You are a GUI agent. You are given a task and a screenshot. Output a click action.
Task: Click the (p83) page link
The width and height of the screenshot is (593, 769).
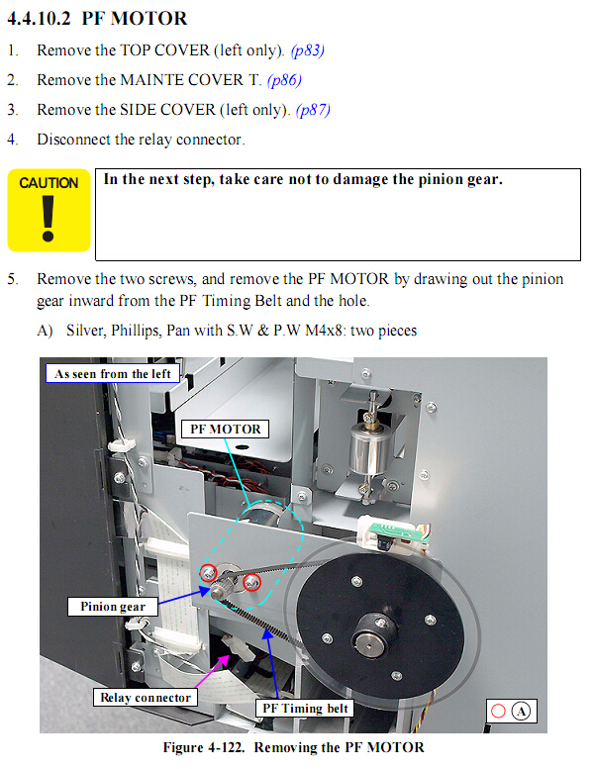pos(308,50)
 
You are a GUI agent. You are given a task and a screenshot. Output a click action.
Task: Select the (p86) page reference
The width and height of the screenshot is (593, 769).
pos(284,80)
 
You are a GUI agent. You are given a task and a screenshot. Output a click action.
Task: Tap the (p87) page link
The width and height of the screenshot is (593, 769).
pos(314,110)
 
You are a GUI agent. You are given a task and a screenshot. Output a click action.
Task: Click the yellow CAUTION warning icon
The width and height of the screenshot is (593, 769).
pos(49,211)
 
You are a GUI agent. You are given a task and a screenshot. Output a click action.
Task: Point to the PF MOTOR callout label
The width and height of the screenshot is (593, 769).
pos(225,430)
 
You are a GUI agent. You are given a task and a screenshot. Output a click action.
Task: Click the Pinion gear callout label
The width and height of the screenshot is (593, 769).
pos(113,607)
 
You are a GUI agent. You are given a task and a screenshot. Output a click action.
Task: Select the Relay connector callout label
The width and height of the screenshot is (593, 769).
pos(146,698)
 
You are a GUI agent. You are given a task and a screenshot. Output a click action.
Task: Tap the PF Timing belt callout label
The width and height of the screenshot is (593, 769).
pos(305,709)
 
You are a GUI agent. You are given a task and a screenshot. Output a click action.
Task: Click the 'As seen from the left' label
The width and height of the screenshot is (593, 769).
pos(113,374)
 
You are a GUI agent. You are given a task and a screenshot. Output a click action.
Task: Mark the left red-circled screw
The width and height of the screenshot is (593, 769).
pos(209,572)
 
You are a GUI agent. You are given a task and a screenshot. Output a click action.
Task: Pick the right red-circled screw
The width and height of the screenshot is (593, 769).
pos(251,582)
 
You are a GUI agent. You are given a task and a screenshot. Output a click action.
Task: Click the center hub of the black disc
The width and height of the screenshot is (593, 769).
pos(368,642)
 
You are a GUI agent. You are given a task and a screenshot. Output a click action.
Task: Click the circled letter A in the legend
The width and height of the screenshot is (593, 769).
pos(521,712)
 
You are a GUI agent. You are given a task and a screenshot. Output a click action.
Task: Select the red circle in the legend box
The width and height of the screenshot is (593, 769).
pos(498,712)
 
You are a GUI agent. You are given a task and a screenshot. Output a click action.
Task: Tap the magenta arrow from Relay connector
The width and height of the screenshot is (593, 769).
pos(212,670)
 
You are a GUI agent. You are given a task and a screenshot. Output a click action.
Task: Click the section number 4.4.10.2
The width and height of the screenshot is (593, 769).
pos(40,19)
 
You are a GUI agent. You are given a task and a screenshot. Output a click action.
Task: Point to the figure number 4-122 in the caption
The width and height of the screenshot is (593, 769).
pos(226,747)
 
